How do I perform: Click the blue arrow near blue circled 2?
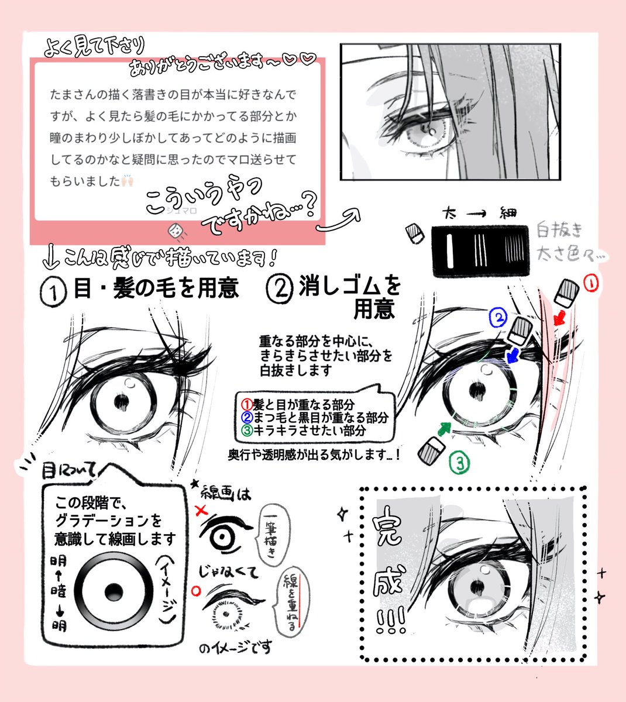tap(514, 355)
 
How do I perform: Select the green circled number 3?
tap(460, 464)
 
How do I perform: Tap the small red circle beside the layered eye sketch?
tap(195, 589)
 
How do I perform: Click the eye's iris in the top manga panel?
tap(425, 133)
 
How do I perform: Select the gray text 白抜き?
tap(560, 230)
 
